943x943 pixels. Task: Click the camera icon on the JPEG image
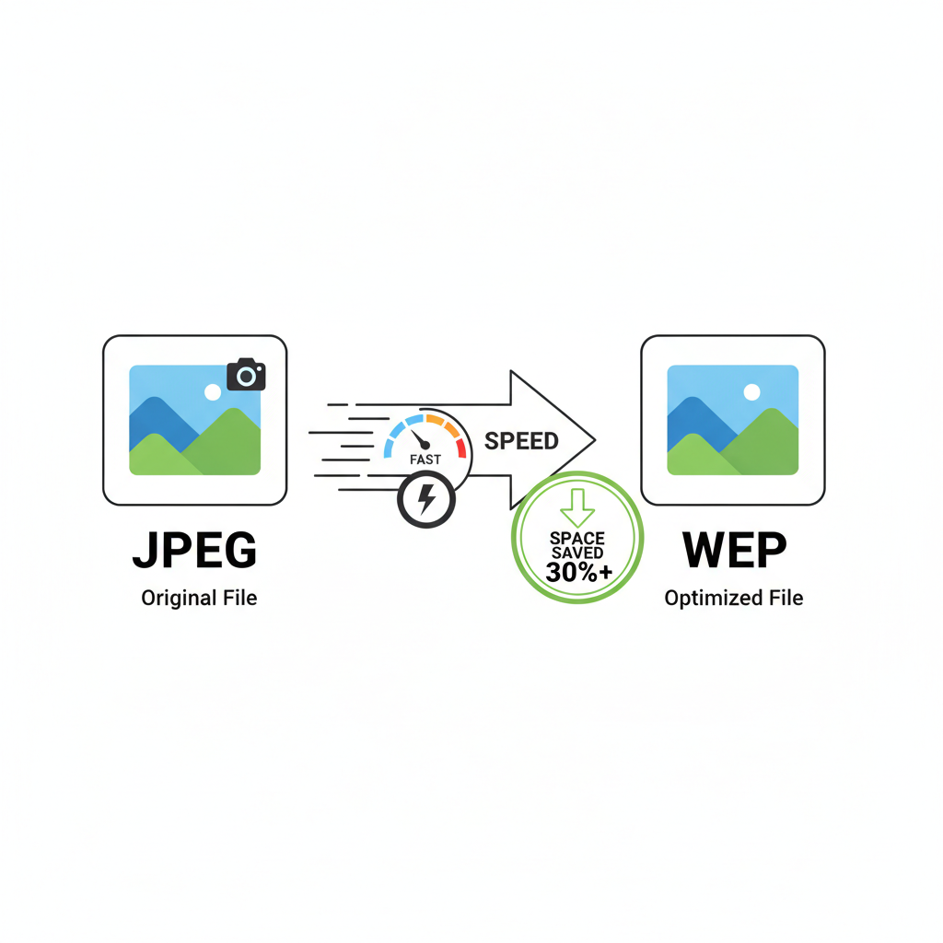246,375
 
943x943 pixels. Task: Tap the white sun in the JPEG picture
213,391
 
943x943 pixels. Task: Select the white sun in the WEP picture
751,391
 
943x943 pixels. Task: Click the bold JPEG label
194,551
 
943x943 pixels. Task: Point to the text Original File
199,598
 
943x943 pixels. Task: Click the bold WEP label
734,551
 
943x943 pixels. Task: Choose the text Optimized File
734,598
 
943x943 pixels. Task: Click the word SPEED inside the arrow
521,440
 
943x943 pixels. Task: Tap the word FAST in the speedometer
425,458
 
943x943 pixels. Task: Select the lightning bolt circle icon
425,500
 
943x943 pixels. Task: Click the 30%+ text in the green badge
577,571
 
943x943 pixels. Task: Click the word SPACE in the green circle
577,537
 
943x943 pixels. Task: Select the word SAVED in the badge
577,553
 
